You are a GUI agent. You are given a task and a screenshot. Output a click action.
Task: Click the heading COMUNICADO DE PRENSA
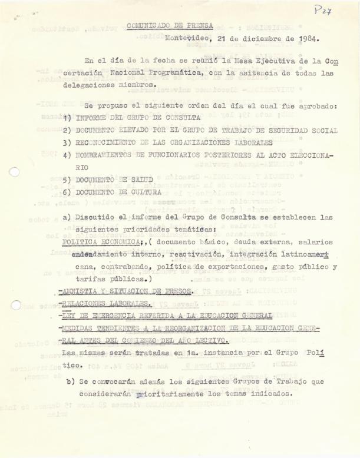(170, 26)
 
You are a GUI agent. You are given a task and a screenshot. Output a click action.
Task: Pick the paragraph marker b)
(74, 381)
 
